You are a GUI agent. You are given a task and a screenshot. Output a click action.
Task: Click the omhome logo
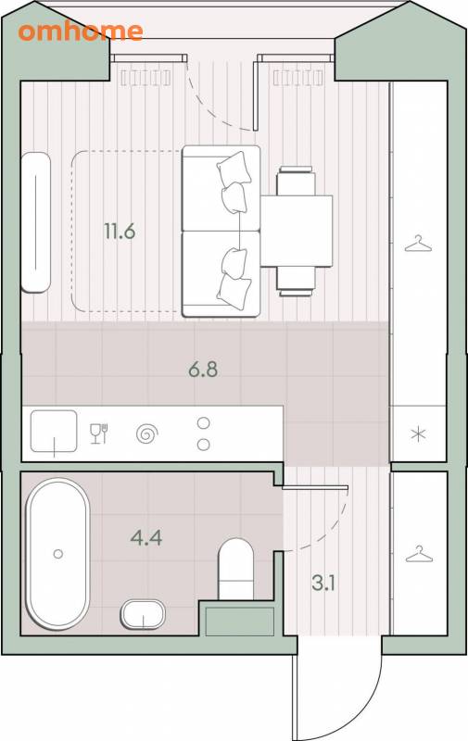click(x=81, y=31)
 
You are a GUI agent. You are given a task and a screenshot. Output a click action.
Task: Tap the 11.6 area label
click(x=120, y=232)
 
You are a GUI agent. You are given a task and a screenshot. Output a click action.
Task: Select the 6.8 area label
click(x=203, y=370)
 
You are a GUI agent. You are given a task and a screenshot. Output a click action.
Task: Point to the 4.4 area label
click(x=146, y=538)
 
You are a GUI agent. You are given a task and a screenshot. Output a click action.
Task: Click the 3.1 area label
click(x=323, y=584)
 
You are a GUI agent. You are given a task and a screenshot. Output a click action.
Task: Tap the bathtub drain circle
click(x=58, y=553)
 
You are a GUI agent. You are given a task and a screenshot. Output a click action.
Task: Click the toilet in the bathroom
click(x=235, y=569)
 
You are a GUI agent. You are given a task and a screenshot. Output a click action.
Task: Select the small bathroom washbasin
click(x=143, y=614)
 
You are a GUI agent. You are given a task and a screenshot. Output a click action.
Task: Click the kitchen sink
click(x=54, y=431)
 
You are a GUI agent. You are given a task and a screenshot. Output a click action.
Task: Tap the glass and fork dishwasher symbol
click(x=99, y=433)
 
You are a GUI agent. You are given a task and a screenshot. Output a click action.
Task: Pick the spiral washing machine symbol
click(x=146, y=433)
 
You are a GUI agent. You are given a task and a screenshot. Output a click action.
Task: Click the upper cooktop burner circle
click(x=203, y=423)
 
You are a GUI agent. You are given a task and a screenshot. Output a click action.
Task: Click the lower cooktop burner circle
click(x=203, y=445)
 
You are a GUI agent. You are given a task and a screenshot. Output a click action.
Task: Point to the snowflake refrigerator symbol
click(x=418, y=433)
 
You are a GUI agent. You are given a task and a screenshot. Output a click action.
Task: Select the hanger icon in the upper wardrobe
click(x=418, y=245)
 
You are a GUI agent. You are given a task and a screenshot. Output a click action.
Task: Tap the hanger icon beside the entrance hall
click(x=419, y=554)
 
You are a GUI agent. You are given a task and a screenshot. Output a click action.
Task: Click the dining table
click(x=297, y=231)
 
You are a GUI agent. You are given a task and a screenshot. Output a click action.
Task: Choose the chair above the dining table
click(x=296, y=181)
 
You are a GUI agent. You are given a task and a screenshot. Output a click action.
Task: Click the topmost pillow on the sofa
click(x=234, y=168)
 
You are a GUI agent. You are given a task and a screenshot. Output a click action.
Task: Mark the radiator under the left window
click(x=145, y=78)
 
